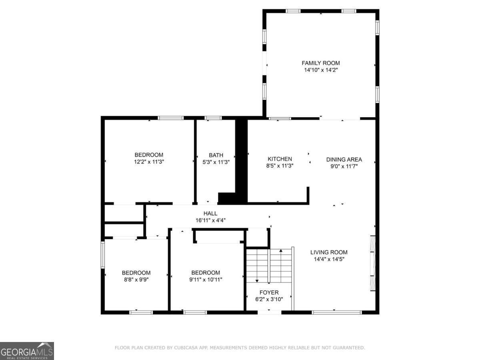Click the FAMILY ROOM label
[320, 63]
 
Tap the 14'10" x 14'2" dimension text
[320, 70]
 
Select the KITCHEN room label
[280, 159]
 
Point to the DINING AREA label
[344, 159]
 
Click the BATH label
[216, 155]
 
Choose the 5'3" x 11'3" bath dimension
[216, 162]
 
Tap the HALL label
[210, 214]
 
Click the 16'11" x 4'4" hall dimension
[210, 220]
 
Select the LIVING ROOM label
[329, 252]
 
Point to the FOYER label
[269, 292]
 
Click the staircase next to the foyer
[269, 266]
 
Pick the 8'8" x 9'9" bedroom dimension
[136, 280]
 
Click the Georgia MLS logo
[27, 351]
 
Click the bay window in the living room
[372, 263]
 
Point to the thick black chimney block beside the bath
[241, 160]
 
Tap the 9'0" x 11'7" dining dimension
[344, 166]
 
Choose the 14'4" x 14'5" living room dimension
[329, 259]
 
